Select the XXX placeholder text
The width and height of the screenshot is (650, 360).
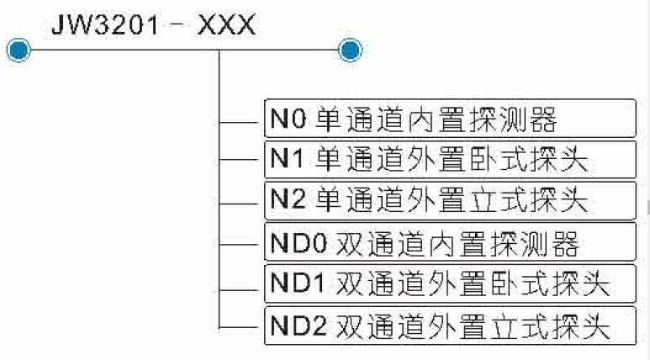click(x=226, y=22)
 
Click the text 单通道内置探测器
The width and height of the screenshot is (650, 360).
click(x=437, y=119)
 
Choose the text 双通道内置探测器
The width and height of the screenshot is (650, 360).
click(x=458, y=244)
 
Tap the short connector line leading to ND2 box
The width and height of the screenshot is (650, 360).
click(x=240, y=326)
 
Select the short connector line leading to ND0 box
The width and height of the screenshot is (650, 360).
click(x=240, y=244)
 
